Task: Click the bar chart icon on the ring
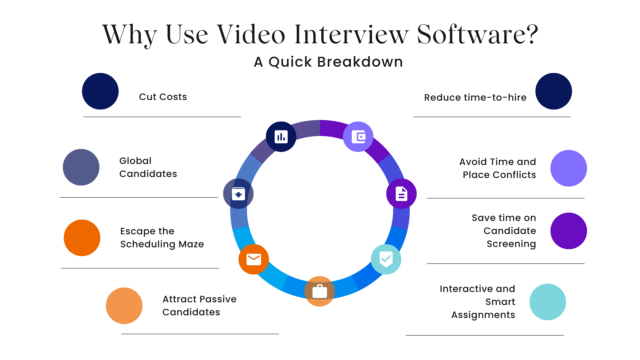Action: [x=281, y=137]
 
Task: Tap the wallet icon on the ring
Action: [x=358, y=137]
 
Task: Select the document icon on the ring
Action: [x=401, y=194]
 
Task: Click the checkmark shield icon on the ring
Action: [x=386, y=259]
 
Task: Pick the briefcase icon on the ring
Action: [x=320, y=291]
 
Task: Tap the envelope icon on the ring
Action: [x=254, y=259]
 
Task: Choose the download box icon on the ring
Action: [x=238, y=194]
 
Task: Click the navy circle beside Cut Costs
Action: [x=100, y=91]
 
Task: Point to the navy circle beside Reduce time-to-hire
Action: [x=554, y=91]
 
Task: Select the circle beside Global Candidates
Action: [x=81, y=167]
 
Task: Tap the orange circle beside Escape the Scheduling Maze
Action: [x=82, y=238]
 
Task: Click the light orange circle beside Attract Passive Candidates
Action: [x=124, y=306]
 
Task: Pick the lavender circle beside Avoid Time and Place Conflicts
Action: [x=569, y=168]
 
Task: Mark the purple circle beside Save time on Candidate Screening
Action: [x=569, y=231]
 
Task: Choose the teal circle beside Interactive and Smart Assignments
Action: [x=548, y=302]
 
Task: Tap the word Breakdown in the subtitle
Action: [x=360, y=62]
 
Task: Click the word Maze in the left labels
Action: [x=191, y=244]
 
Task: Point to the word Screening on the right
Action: [x=511, y=244]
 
